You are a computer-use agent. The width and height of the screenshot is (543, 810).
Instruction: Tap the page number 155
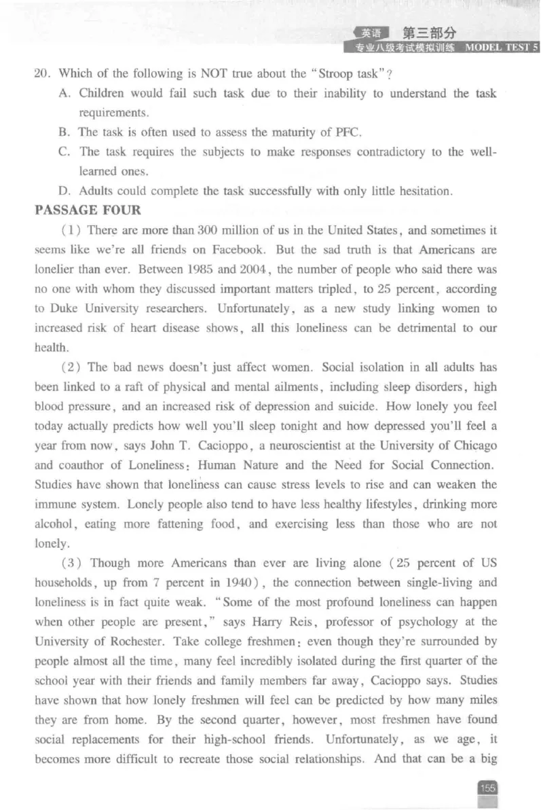pyautogui.click(x=487, y=788)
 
